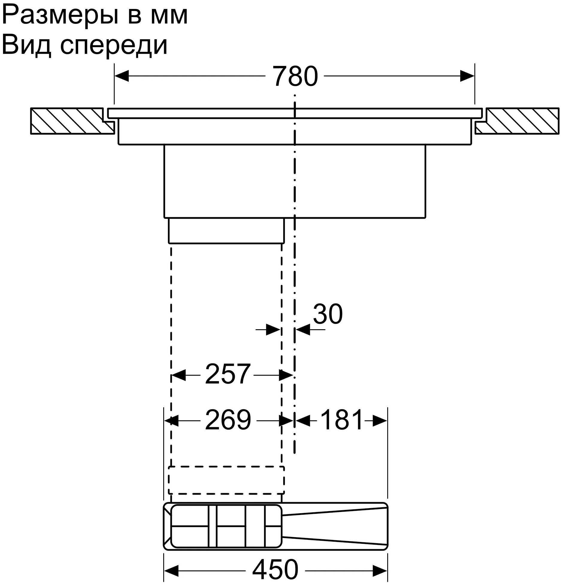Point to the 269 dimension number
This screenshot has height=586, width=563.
[228, 420]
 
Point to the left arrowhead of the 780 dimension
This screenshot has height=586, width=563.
[122, 76]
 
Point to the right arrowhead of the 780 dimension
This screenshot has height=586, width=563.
[467, 76]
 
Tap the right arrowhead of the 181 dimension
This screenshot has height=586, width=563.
[380, 420]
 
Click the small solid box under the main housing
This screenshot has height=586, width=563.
[226, 231]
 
